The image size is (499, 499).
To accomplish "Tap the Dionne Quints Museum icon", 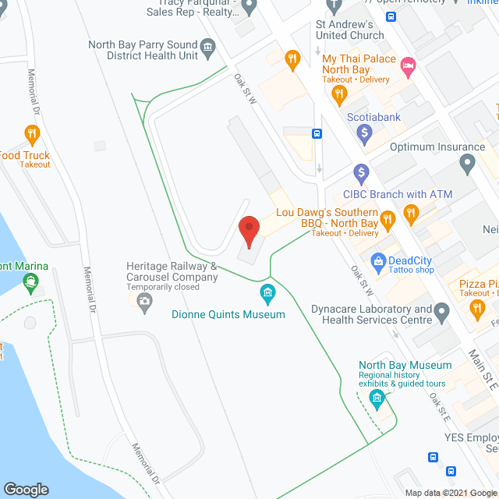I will pos(268,294).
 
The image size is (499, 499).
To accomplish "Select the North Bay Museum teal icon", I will pos(377,400).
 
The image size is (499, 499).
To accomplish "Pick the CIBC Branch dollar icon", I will pos(360,172).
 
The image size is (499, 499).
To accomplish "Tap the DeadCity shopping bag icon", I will pos(378,260).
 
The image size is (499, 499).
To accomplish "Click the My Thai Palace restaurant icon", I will pos(338,95).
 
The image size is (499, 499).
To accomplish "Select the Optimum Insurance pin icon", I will pos(468,164).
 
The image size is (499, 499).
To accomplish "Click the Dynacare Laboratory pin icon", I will pos(443,313).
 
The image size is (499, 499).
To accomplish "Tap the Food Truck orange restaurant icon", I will pos(32,134).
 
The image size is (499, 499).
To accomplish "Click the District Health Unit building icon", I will pos(208,49).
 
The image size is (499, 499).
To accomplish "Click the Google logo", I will pos(26,489).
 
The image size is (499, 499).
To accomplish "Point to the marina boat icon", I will pos(32,285).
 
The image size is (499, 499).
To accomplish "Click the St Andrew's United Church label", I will pos(345,30).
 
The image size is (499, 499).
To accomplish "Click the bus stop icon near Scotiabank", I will pos(317,133).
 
